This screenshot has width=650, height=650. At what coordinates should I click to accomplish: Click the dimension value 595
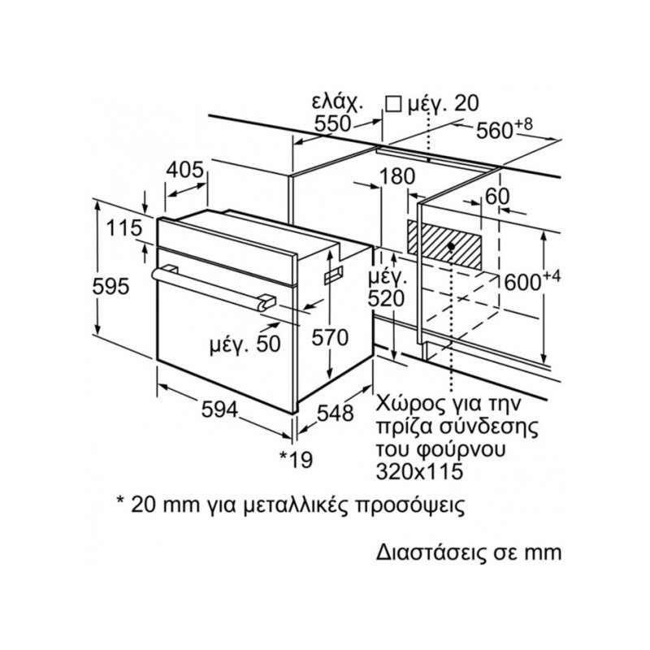click(x=110, y=286)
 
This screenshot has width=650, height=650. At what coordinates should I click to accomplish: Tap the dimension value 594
click(x=219, y=410)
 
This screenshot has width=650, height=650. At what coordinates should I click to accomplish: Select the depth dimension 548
click(x=336, y=413)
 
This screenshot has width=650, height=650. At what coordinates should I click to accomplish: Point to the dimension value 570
click(x=330, y=337)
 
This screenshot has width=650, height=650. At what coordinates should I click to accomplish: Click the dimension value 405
click(x=185, y=170)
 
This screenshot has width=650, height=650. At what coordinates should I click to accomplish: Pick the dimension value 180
click(x=397, y=176)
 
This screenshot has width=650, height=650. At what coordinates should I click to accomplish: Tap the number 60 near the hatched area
click(x=497, y=196)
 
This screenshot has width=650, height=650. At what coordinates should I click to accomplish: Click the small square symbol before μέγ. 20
click(x=393, y=104)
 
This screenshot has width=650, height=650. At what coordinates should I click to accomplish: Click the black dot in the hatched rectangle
click(x=452, y=246)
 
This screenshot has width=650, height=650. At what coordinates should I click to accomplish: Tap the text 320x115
click(x=419, y=471)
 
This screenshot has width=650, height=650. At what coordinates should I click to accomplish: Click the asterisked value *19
click(x=296, y=459)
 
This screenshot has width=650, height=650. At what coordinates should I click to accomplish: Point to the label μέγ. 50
click(x=245, y=344)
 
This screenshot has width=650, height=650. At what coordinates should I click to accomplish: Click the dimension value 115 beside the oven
click(x=124, y=228)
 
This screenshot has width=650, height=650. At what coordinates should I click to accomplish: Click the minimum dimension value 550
click(x=333, y=123)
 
